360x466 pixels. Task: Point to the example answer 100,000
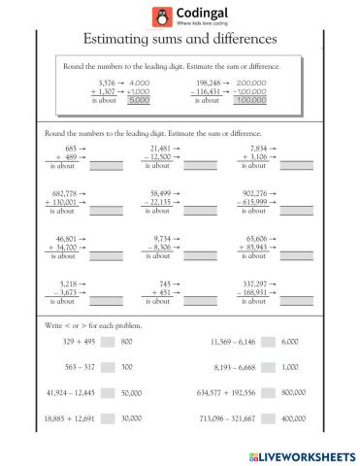point(251,99)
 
